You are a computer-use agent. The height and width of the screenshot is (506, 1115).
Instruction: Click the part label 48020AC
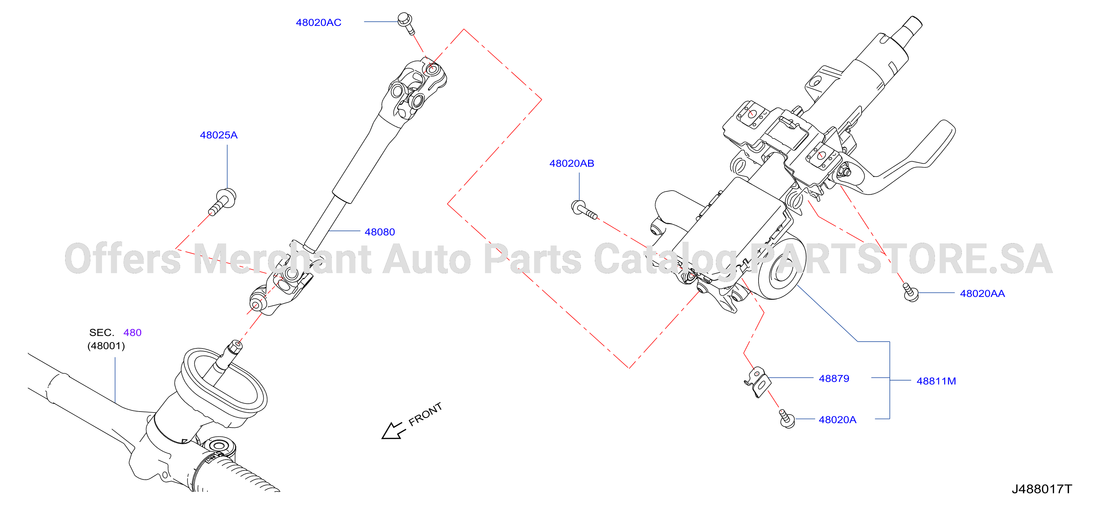[319, 23]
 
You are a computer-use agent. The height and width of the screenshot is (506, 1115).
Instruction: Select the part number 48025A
[219, 135]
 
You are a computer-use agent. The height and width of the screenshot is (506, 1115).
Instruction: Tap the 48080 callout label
[380, 232]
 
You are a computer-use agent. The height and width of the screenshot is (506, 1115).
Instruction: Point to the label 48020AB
[572, 164]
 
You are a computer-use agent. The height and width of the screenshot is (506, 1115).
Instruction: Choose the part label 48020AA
[982, 294]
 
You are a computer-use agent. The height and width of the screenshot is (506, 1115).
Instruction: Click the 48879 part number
[834, 378]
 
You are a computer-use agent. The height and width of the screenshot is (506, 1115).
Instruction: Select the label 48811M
[936, 381]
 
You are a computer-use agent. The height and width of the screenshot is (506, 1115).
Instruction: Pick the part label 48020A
[837, 419]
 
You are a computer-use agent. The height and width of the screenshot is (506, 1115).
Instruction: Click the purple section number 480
[132, 332]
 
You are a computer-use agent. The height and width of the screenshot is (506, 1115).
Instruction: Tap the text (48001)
[106, 346]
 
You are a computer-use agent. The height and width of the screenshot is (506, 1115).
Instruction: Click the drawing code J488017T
[1041, 489]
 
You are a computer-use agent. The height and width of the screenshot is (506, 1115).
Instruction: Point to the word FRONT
[425, 414]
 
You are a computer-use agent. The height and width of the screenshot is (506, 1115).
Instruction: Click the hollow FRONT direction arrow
[393, 431]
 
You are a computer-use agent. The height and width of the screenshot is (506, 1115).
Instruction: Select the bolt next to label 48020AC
[406, 23]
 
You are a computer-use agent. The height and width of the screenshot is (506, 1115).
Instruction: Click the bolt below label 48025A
[223, 201]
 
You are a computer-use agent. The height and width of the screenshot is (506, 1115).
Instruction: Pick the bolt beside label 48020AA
[910, 292]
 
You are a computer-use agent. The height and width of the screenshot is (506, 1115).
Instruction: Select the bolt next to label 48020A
[787, 419]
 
